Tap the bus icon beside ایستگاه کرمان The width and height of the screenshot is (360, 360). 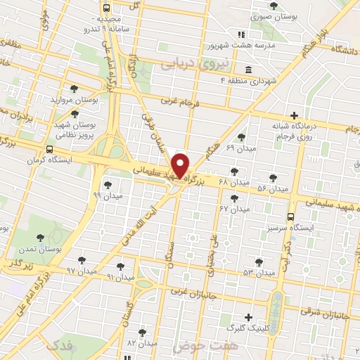click(49, 150)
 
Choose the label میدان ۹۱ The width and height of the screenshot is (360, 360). click(120, 277)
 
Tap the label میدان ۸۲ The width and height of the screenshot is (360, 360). click(142, 342)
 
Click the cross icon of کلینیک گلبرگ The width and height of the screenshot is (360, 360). click(247, 318)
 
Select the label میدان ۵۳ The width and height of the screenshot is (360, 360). click(258, 272)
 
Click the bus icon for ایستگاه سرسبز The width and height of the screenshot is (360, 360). click(291, 217)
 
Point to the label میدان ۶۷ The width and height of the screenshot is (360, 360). click(234, 209)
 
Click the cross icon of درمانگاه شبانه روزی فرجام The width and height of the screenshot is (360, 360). click(294, 115)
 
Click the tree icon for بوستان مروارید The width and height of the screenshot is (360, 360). click(75, 89)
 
